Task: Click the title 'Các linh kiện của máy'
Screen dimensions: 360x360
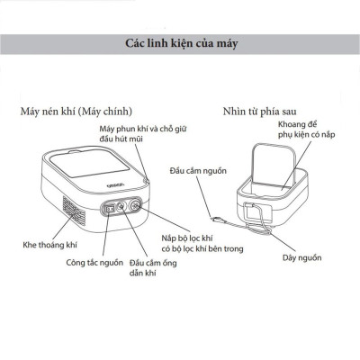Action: pos(180,42)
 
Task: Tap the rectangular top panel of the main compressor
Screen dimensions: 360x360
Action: pos(90,166)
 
